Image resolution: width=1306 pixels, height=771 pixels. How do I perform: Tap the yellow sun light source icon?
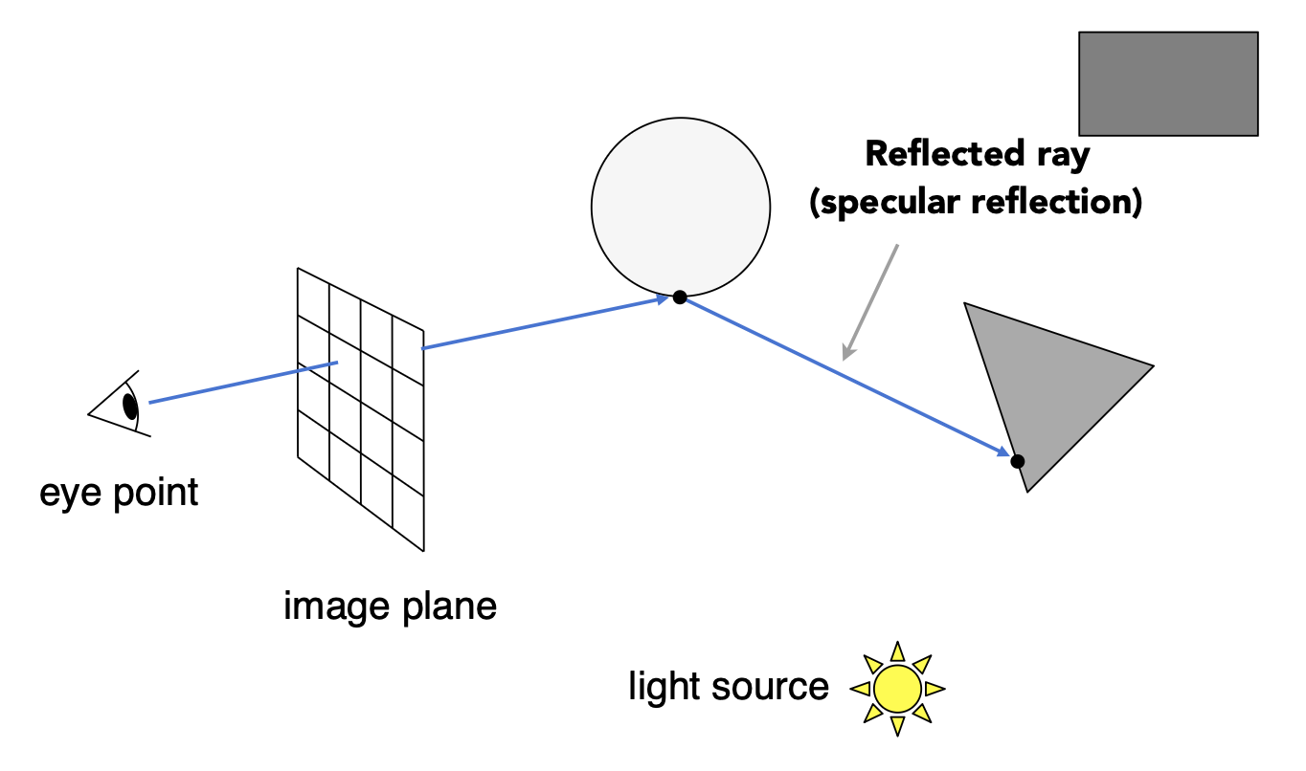898,689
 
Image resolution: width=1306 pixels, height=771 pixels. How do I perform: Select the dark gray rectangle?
1167,83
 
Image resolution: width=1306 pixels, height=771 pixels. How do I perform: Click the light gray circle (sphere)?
680,207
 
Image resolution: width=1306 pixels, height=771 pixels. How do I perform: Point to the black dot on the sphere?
679,297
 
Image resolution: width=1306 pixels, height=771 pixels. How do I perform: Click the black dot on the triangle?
1017,461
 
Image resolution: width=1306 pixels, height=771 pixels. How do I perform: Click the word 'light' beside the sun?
662,687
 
